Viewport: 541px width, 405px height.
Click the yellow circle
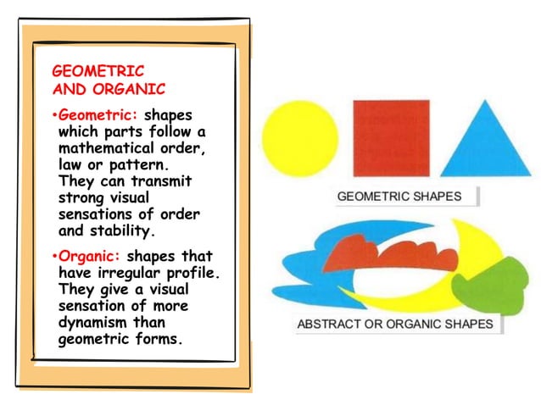coord(300,140)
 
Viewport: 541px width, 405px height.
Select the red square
coord(392,138)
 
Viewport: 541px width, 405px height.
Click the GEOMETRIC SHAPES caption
coord(399,197)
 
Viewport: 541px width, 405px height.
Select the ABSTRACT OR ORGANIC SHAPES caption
coord(395,325)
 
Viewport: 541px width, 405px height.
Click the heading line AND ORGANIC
coord(109,88)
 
